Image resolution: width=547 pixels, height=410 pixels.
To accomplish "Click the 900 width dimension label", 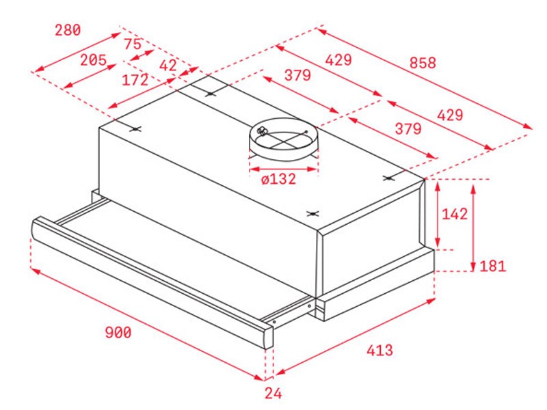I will point(118,333).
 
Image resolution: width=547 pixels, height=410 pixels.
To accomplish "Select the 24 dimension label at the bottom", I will point(273,394).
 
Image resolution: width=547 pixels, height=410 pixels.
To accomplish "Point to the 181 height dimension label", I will point(492,266).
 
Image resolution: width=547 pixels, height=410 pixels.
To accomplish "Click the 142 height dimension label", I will point(454,214).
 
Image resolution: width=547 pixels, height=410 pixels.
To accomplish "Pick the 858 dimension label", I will point(423,63).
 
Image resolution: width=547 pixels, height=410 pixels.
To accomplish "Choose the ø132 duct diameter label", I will point(278,180).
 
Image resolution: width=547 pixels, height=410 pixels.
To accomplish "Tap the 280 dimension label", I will point(68,30).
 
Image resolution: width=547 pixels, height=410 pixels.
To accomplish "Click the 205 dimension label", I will point(93,60).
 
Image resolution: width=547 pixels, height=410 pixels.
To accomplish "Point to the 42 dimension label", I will point(168,66).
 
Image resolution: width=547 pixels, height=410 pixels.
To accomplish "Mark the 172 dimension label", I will point(135,80).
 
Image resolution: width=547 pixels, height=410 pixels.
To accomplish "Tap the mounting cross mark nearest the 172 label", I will point(136,129).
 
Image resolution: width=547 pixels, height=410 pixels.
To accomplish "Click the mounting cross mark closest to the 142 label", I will point(389,178).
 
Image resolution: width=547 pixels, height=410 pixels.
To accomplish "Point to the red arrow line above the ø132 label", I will point(283,167).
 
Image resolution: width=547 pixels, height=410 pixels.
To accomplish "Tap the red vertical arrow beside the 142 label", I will point(438,214).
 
